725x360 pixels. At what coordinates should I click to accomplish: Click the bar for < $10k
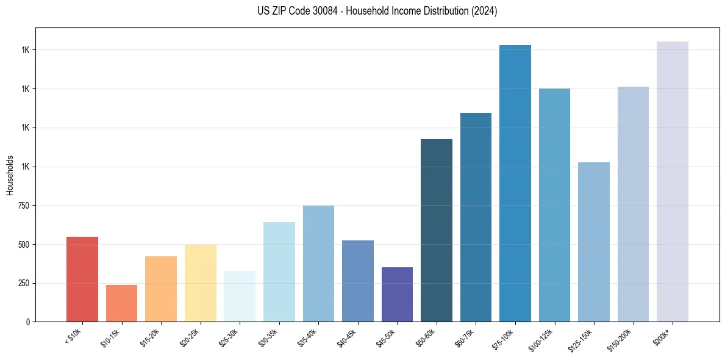coord(82,279)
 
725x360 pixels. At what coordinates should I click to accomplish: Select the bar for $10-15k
coord(121,303)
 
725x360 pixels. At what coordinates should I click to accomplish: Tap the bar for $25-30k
coord(240,296)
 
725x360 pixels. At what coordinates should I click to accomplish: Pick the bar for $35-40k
coord(318,264)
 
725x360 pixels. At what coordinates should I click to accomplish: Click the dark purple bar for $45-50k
coord(397,294)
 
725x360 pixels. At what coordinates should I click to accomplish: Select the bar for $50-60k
coord(437,230)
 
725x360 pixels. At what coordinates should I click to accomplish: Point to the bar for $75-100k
coord(515,183)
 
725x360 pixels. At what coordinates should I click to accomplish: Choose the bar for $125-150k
coord(594,242)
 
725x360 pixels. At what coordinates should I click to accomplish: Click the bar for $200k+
coord(673,181)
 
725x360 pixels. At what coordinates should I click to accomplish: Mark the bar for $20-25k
coord(201,283)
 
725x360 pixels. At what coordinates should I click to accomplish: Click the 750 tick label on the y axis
coord(24,206)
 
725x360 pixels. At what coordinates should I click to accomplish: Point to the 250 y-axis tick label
coord(24,283)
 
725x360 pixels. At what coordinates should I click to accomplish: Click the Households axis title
coord(10,175)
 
